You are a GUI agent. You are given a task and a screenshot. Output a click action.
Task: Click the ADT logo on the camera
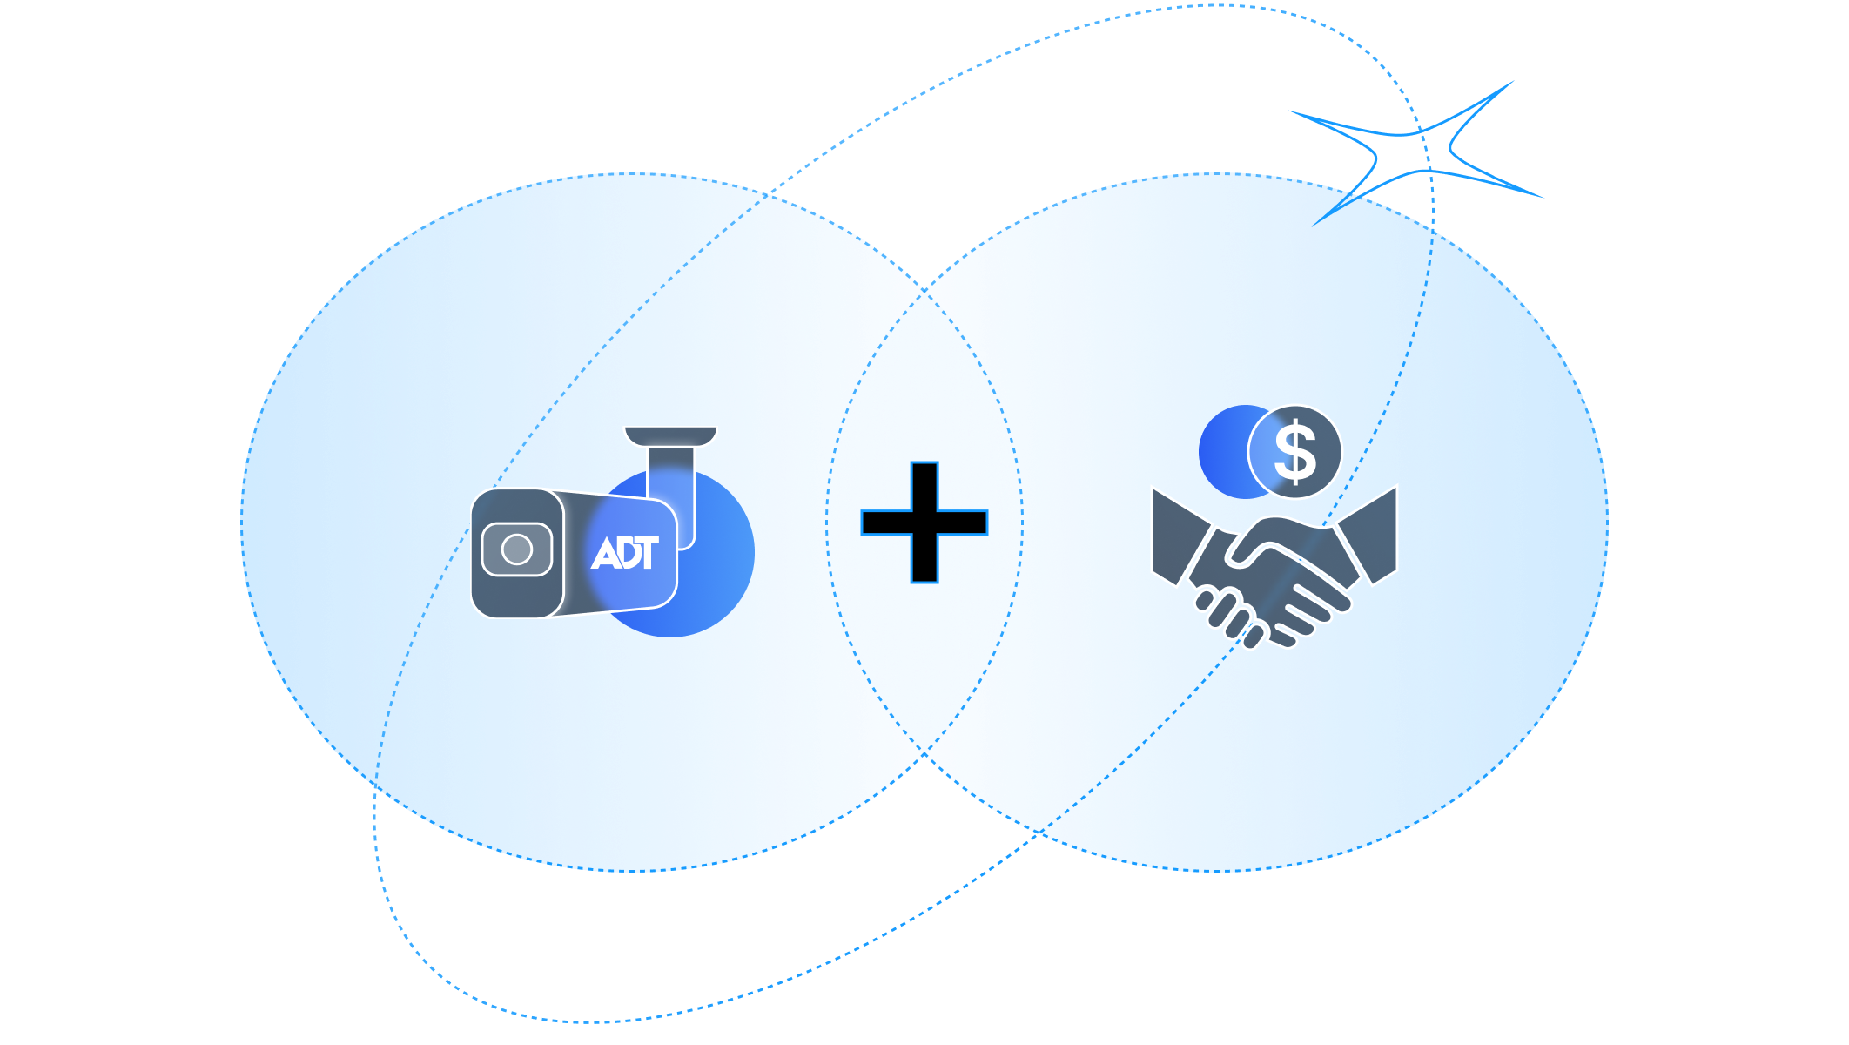[624, 553]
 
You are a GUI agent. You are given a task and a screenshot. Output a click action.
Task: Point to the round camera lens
[517, 549]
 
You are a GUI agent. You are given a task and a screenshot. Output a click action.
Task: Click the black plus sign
[924, 522]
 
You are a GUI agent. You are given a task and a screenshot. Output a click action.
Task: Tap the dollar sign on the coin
[1295, 452]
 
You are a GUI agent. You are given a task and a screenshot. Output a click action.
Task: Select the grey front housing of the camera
[517, 554]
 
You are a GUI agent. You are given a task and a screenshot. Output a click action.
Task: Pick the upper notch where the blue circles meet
[924, 286]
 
